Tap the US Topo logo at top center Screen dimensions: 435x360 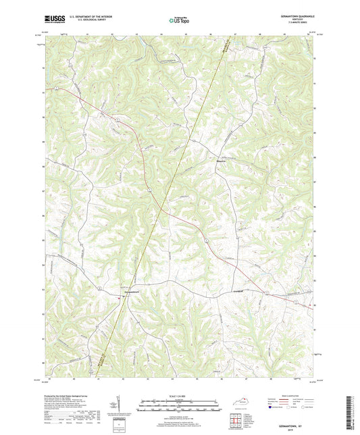[x=180, y=21]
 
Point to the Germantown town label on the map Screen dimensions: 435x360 [x=132, y=292]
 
